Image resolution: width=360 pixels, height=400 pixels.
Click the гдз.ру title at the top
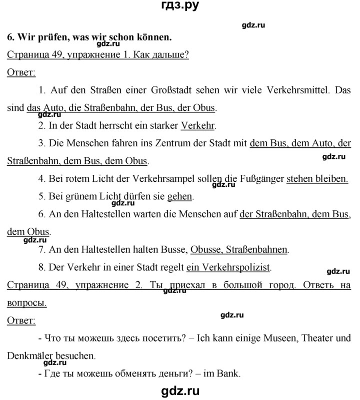(179, 7)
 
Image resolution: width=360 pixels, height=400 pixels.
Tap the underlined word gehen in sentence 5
(179, 196)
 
